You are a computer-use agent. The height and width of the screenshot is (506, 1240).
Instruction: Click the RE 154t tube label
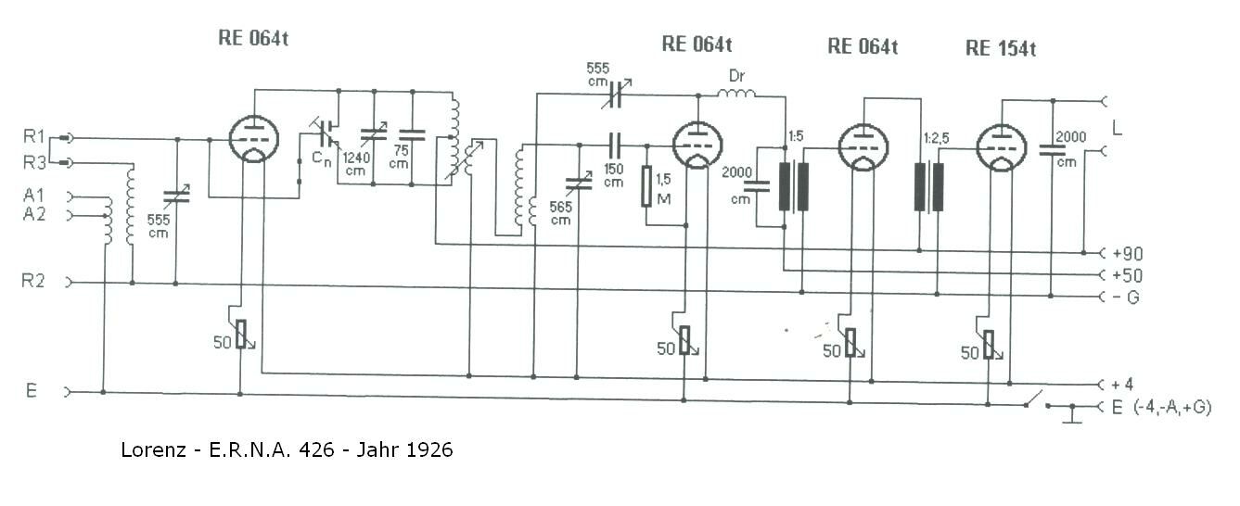[1001, 49]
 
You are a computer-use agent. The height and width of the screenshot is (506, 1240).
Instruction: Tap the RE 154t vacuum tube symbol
[1002, 147]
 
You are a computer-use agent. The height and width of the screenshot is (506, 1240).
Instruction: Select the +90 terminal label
[1128, 254]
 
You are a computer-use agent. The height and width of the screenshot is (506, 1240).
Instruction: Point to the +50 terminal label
[1128, 275]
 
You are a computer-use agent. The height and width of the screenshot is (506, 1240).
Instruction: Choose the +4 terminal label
[1122, 384]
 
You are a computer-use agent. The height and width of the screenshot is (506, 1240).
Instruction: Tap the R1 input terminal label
[33, 136]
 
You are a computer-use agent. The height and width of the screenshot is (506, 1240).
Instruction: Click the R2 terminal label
[32, 281]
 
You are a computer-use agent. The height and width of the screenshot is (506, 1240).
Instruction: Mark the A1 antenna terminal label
[33, 195]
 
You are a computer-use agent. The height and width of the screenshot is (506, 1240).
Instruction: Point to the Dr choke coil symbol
[736, 93]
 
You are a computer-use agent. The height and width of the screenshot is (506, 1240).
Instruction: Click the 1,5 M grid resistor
[646, 186]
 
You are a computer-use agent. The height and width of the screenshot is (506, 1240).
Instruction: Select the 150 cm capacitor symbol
[615, 145]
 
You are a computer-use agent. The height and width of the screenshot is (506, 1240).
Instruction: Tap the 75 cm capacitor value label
[400, 157]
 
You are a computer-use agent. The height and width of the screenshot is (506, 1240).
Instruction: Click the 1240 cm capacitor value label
[356, 164]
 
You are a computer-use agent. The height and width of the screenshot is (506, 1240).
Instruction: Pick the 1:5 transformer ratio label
[796, 136]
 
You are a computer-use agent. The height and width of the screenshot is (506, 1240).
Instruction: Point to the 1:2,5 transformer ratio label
[936, 138]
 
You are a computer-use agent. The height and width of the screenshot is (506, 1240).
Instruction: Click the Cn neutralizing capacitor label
[322, 159]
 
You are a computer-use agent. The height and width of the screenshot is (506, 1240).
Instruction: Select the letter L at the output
[1117, 129]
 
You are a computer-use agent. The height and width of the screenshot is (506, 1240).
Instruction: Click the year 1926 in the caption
[429, 449]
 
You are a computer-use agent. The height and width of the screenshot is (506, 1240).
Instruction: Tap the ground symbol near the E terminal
[1072, 414]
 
